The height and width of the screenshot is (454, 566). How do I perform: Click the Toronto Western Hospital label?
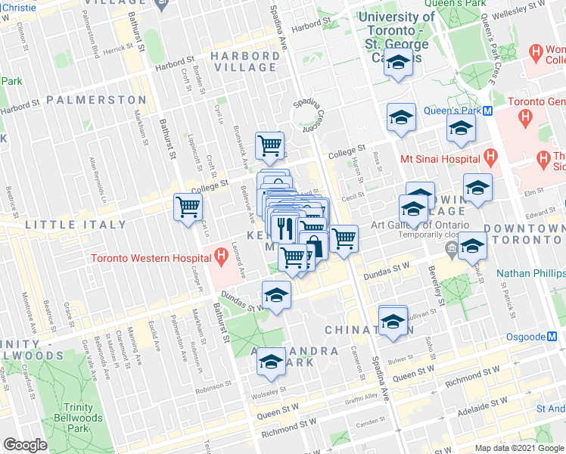click(149, 257)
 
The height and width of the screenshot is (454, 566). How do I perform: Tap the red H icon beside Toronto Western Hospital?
click(219, 257)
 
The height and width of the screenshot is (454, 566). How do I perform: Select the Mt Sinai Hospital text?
click(440, 159)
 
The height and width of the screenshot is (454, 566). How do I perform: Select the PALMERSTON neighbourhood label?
click(95, 99)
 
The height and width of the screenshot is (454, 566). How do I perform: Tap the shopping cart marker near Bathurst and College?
click(188, 207)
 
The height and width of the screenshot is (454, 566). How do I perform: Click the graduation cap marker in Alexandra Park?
click(270, 362)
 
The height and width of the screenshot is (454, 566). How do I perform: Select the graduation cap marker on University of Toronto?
click(397, 64)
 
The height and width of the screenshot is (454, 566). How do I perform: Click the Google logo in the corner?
click(25, 445)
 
